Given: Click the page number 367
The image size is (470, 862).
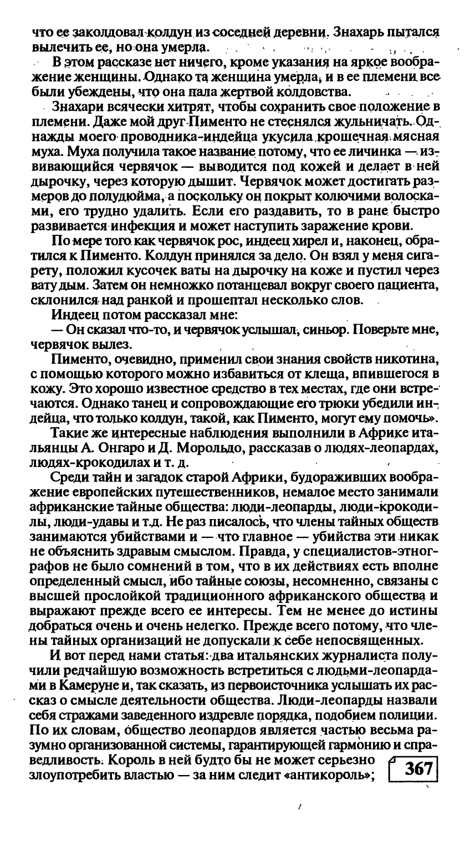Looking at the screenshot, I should coord(418,770).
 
